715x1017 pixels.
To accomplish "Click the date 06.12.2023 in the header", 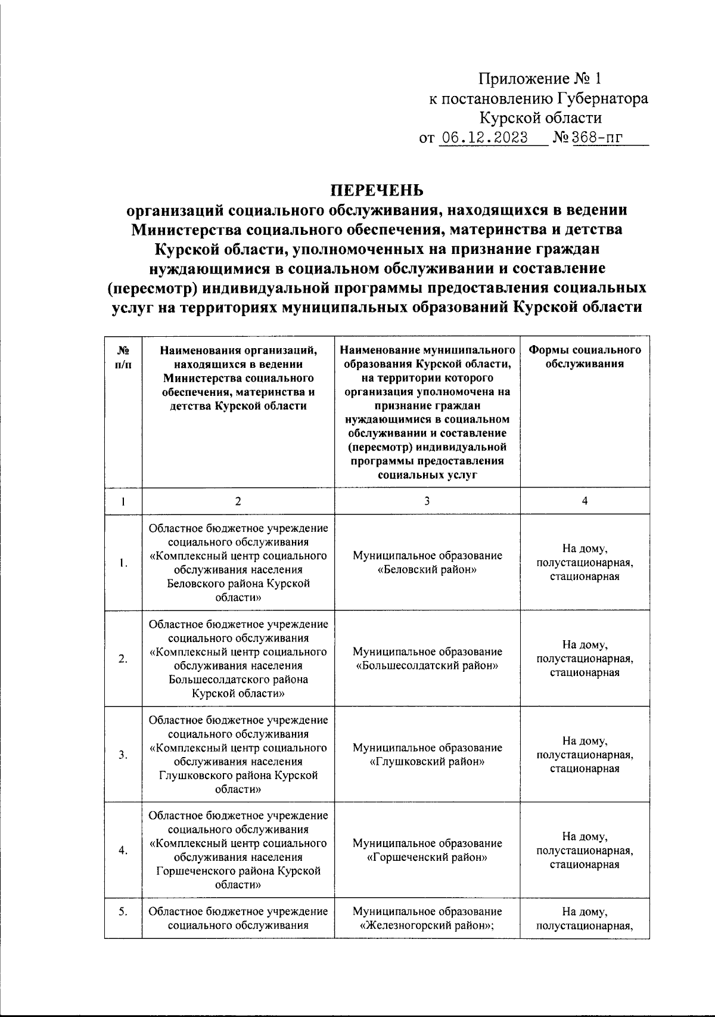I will pos(483,138).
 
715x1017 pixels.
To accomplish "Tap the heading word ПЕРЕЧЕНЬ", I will pos(377,190).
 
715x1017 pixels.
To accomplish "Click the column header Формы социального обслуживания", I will pos(585,357).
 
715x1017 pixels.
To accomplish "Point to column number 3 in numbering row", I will pos(427,501).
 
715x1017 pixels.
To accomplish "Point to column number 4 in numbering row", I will pos(585,501).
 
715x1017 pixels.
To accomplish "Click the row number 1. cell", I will pos(123,562).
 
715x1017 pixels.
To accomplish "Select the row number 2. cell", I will pos(123,659).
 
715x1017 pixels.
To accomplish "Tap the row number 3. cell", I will pos(123,755).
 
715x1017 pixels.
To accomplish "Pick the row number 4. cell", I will pos(123,851).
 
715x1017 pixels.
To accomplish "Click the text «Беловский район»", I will pos(427,569).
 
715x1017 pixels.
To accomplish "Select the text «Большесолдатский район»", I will pos(427,666).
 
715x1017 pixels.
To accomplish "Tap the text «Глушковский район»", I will pos(427,762).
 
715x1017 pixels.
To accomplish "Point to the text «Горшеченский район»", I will pos(427,858).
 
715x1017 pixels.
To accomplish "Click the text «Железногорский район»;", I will pos(427,926).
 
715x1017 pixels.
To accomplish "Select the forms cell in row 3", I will pos(585,755).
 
